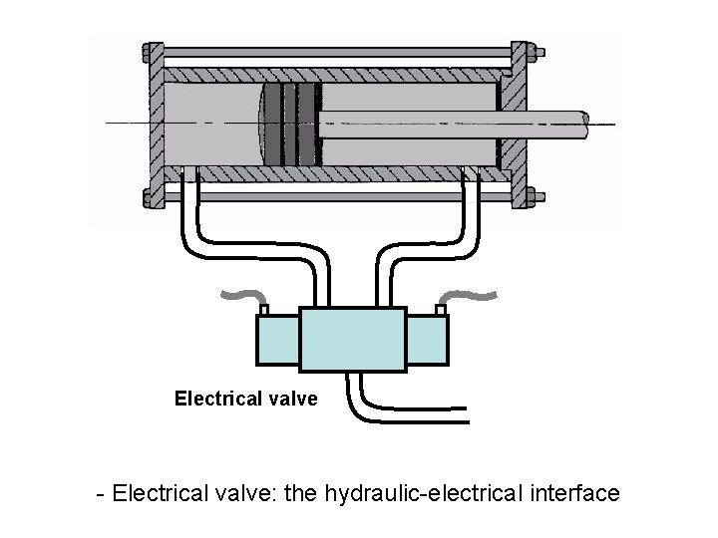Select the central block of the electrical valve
[352, 339]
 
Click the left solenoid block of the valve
[278, 340]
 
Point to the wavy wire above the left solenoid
[243, 294]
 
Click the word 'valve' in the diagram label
[292, 399]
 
